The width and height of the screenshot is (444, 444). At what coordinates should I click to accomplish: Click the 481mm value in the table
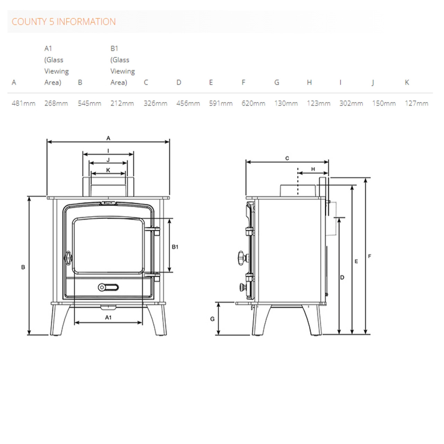tap(24, 103)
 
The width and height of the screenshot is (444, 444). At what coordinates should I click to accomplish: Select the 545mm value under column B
tap(89, 103)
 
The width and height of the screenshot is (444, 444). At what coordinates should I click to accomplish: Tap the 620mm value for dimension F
tap(253, 103)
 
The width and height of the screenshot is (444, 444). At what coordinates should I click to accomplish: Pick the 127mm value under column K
tap(417, 103)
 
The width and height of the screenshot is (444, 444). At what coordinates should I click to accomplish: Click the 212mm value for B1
tap(122, 103)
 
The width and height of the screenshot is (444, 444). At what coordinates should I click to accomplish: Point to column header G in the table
tap(277, 82)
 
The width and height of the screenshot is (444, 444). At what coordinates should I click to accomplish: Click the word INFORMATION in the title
tap(86, 22)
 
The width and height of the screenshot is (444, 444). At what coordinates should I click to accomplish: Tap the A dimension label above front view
tap(108, 138)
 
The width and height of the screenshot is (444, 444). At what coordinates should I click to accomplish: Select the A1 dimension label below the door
tap(108, 317)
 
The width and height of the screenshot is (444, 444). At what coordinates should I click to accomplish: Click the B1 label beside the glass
tap(175, 247)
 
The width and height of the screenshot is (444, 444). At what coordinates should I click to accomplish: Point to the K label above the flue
tap(108, 170)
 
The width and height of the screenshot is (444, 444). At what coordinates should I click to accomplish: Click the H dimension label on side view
tap(313, 169)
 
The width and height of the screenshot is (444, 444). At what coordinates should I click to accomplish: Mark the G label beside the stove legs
tap(212, 319)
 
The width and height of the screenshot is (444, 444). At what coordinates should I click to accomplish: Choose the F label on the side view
tap(369, 256)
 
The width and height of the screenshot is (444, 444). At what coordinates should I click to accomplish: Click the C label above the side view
tap(287, 158)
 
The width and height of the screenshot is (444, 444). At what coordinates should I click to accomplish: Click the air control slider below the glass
tap(108, 287)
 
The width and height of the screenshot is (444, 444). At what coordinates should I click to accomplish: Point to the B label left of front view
tap(23, 267)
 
